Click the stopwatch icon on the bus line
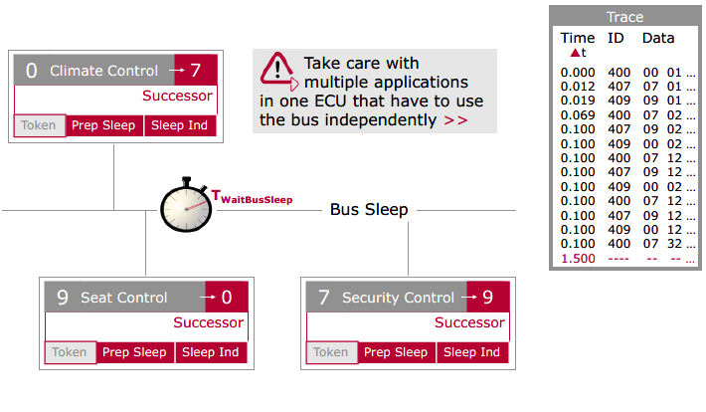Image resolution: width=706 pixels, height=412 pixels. [187, 208]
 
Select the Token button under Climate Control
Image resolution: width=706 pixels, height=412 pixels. [40, 126]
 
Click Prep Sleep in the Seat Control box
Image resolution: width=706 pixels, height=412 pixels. [134, 352]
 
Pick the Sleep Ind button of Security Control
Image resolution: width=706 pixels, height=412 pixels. [472, 352]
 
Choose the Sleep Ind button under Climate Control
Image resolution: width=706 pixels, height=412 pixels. [180, 126]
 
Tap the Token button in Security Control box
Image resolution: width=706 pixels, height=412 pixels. [331, 352]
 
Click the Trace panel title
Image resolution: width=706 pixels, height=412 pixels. [624, 17]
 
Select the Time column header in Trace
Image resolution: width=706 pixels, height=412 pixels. [578, 39]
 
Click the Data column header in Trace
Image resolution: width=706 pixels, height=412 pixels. [657, 39]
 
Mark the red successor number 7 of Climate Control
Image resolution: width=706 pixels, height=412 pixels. [196, 71]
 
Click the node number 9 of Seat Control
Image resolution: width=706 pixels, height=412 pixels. [62, 298]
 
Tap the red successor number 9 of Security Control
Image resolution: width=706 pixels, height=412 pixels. [488, 298]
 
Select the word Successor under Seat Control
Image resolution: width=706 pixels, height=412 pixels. [208, 322]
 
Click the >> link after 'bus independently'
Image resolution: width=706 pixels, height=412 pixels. [455, 120]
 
